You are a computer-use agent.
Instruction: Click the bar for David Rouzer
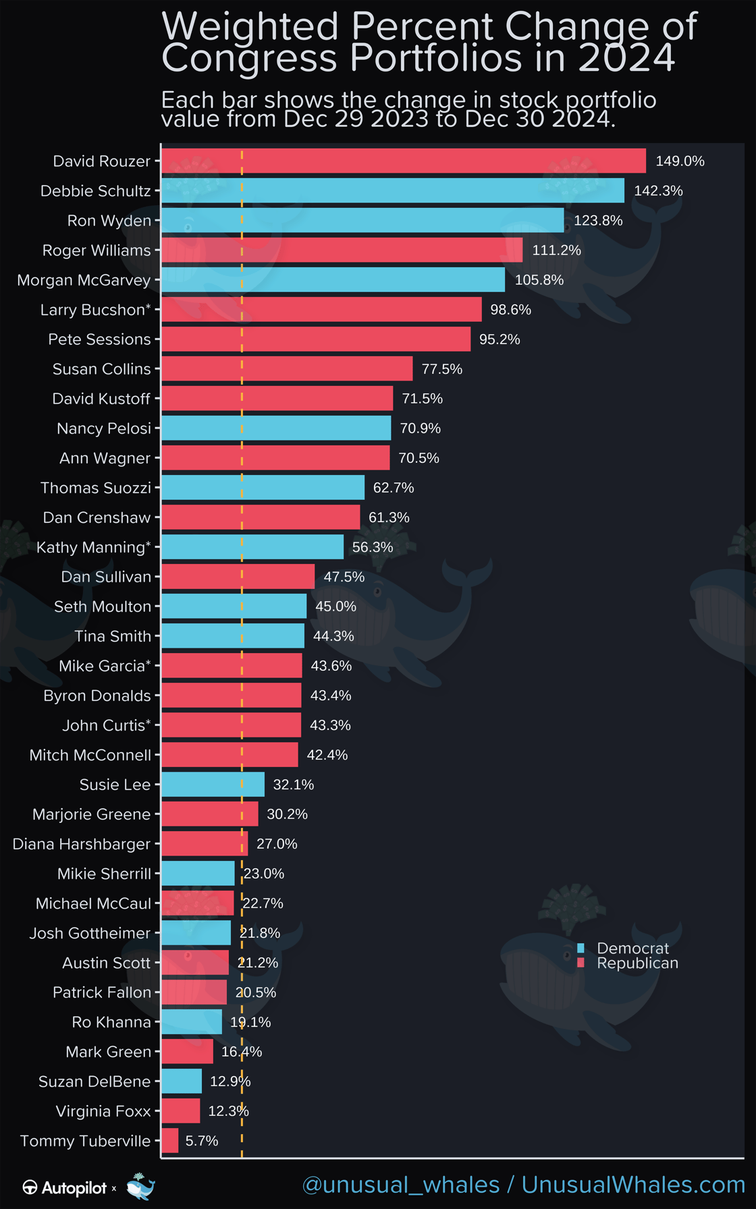[x=403, y=161]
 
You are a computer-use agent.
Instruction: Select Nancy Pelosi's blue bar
[x=276, y=428]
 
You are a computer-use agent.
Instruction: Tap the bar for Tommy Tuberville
[x=170, y=1141]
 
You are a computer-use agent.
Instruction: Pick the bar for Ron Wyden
[x=362, y=221]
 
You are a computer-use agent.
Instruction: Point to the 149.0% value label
[x=680, y=161]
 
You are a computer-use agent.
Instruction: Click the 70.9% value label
[x=420, y=428]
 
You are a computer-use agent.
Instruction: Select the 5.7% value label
[x=202, y=1141]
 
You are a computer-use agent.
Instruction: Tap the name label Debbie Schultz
[x=95, y=191]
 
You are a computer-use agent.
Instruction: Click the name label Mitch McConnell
[x=90, y=755]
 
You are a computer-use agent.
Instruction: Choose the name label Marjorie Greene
[x=91, y=814]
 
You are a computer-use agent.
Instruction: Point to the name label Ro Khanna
[x=111, y=1022]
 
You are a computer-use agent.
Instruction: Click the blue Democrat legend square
[x=580, y=948]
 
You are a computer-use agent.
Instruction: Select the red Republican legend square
[x=580, y=963]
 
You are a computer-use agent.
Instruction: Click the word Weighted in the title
[x=251, y=27]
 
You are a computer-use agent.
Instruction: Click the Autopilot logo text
[x=74, y=1188]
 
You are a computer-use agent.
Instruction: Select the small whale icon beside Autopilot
[x=140, y=1187]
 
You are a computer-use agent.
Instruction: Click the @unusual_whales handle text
[x=400, y=1185]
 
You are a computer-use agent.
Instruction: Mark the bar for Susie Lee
[x=213, y=785]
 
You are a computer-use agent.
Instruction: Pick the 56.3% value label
[x=372, y=547]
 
